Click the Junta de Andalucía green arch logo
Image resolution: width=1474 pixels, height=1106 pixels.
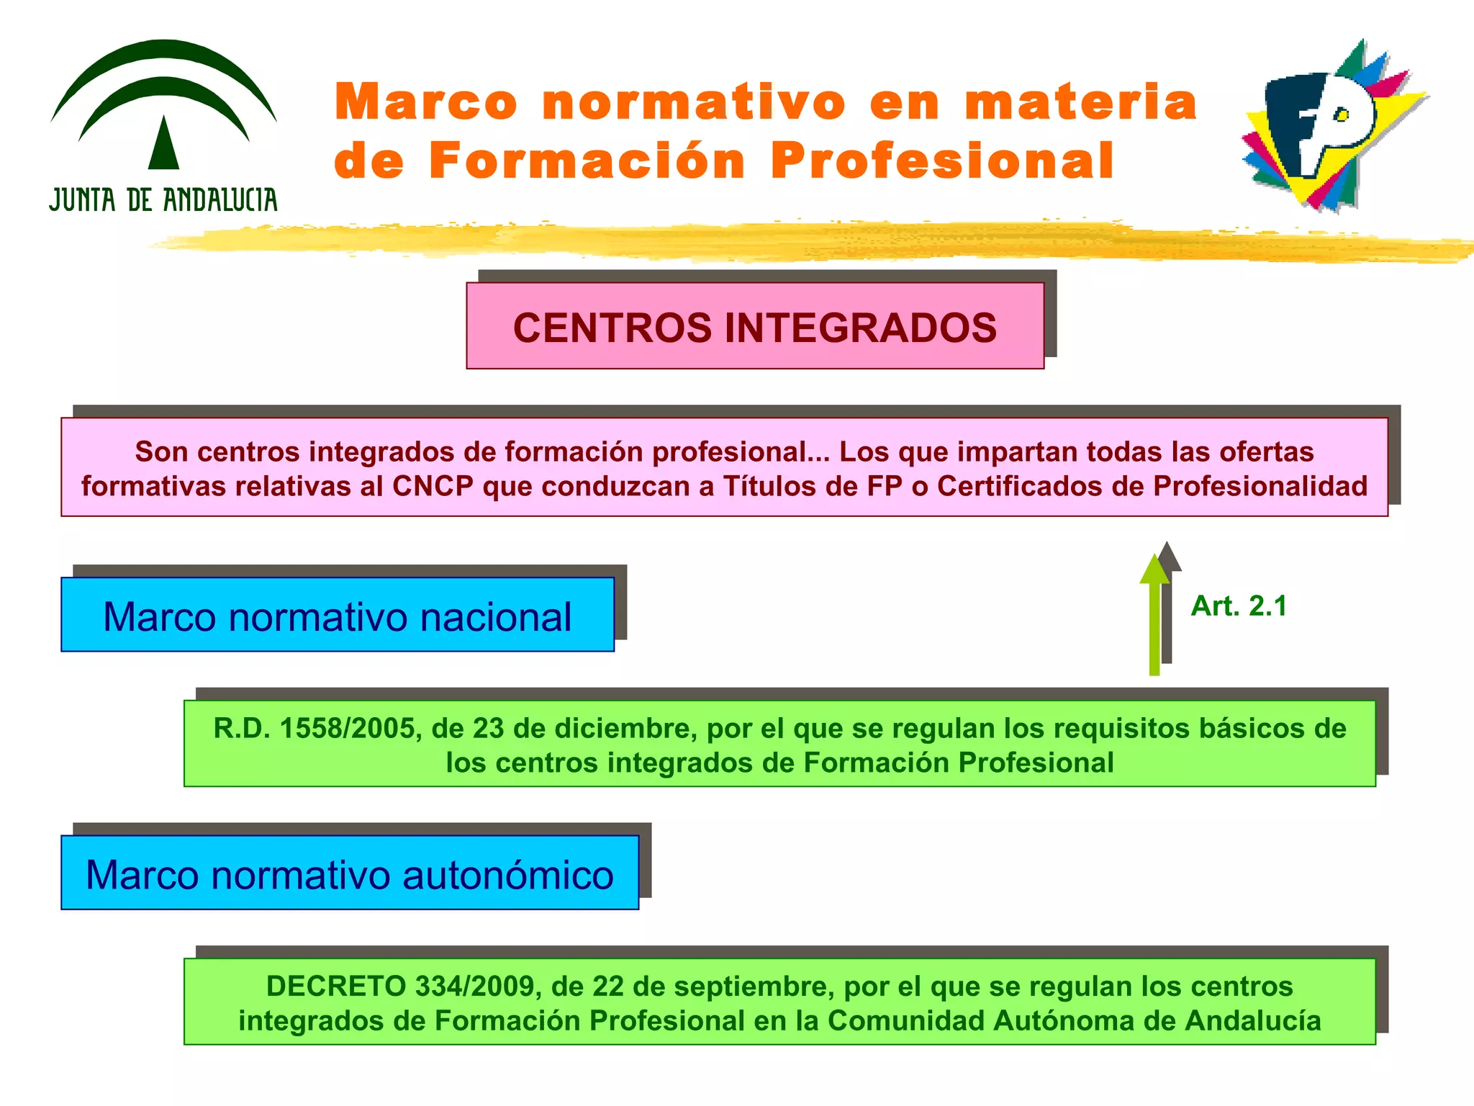click(x=164, y=104)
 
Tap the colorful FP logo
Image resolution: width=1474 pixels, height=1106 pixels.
click(x=1331, y=126)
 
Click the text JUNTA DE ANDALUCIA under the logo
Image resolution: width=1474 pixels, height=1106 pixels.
click(x=163, y=200)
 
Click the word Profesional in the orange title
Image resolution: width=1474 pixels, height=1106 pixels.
click(x=943, y=161)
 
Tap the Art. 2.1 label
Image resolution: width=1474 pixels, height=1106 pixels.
click(x=1239, y=606)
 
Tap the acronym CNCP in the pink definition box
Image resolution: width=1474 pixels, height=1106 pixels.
click(x=433, y=487)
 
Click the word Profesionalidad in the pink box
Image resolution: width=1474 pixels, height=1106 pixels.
click(x=1260, y=487)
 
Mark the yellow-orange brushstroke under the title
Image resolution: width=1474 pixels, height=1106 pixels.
click(x=792, y=241)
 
